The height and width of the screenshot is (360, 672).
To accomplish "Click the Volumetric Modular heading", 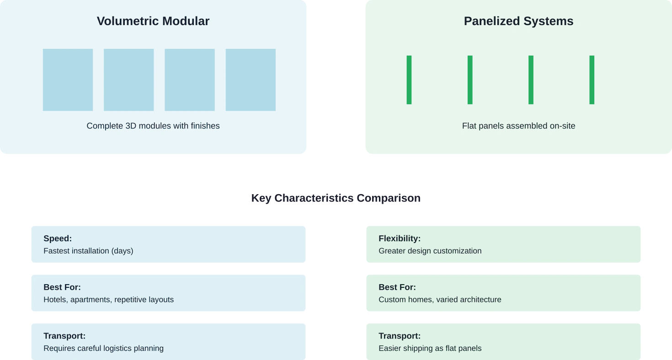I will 153,21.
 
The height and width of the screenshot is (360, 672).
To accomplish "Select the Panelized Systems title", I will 518,21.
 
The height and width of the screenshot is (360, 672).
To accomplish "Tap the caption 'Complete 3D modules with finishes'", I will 153,126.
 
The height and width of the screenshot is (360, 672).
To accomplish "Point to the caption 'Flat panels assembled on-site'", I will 518,126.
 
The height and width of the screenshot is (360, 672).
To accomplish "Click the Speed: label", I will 58,238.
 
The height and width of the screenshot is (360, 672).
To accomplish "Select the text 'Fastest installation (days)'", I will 88,251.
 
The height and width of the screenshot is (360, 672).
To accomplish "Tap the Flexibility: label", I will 399,238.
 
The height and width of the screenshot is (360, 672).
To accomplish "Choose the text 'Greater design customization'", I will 430,251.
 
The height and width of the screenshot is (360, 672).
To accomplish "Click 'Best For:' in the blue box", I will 62,287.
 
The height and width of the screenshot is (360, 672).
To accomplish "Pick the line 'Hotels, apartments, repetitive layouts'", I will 108,300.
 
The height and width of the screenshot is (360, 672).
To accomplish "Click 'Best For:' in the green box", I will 397,287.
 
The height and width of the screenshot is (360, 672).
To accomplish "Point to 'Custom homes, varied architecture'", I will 440,300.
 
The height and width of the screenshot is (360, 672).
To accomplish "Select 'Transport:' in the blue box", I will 64,336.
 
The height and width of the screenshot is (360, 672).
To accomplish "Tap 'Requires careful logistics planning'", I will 103,349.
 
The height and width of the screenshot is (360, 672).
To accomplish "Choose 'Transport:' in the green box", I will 399,336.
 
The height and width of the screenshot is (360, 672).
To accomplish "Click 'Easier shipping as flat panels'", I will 430,349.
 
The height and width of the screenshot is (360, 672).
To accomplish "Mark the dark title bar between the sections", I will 334,199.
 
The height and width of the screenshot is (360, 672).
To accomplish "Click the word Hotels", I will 55,300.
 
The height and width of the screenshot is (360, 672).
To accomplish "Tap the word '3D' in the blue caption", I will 131,126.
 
